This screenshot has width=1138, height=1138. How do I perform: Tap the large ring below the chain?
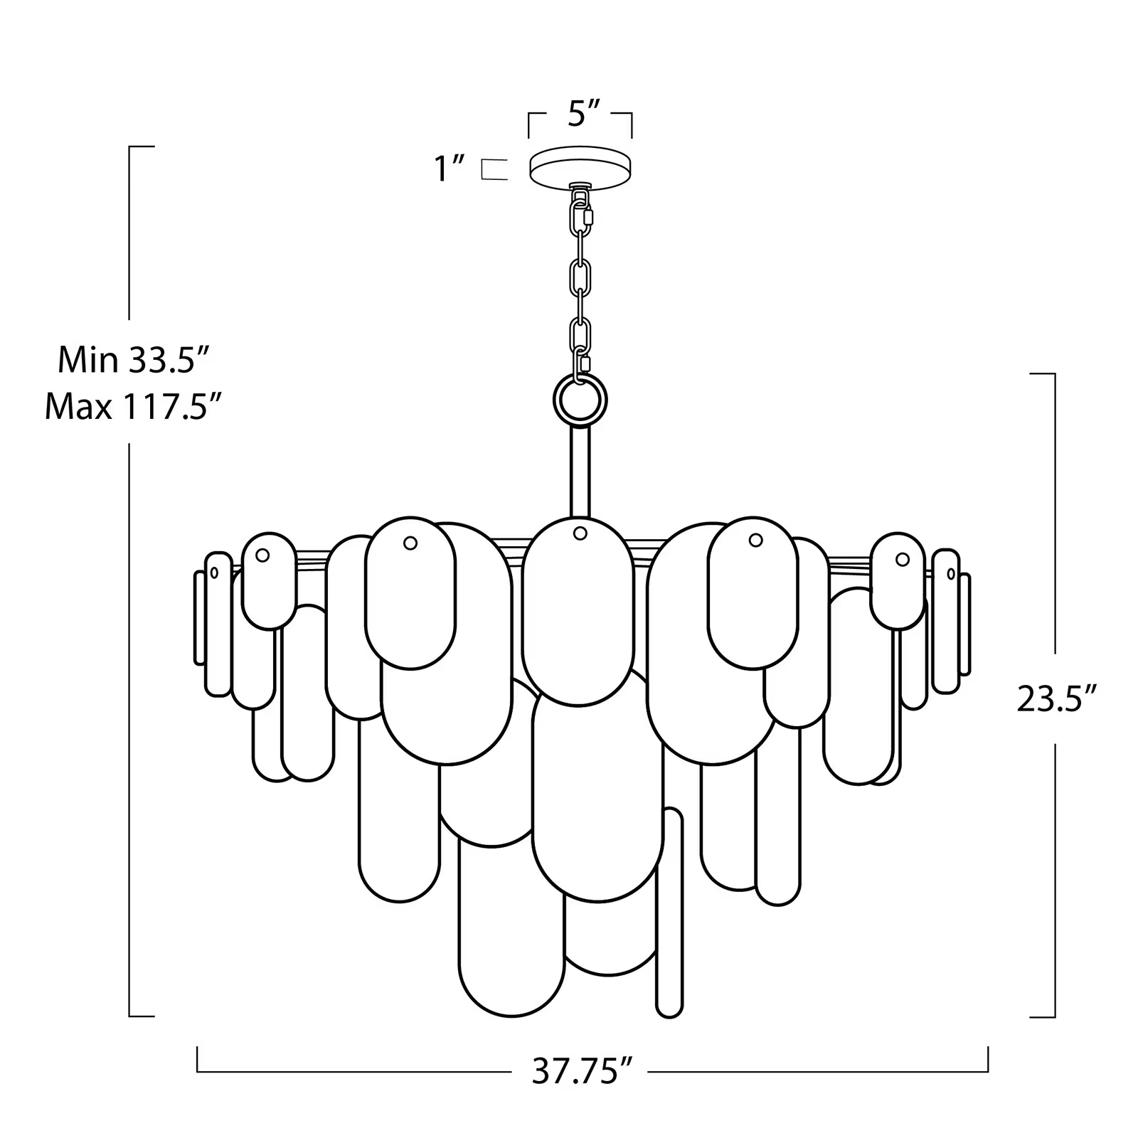coord(580,400)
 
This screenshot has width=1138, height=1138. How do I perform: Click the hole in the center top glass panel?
coord(580,533)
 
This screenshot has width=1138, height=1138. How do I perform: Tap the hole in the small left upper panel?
coord(262,555)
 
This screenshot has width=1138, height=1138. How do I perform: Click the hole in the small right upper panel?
coord(902,559)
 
